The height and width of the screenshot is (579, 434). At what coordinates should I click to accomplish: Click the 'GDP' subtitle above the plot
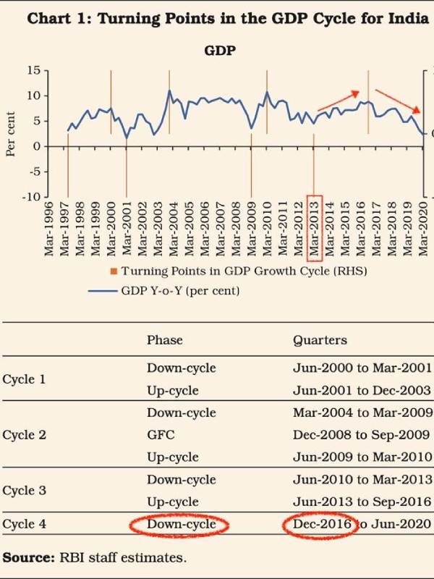click(217, 51)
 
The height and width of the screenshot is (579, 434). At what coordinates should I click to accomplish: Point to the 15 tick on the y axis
click(33, 70)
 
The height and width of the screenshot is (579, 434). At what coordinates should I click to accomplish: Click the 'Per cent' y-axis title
click(11, 134)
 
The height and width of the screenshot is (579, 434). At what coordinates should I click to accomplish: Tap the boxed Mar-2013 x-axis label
click(315, 227)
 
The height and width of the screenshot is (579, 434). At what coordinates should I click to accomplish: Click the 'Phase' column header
click(165, 340)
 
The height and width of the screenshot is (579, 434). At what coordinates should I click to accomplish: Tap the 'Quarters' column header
click(320, 340)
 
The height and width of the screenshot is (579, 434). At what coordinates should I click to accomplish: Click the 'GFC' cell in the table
click(158, 435)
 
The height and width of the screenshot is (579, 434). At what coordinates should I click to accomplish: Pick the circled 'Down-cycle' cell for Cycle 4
click(181, 525)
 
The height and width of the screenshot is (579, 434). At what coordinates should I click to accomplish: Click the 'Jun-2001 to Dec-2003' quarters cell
click(362, 390)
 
